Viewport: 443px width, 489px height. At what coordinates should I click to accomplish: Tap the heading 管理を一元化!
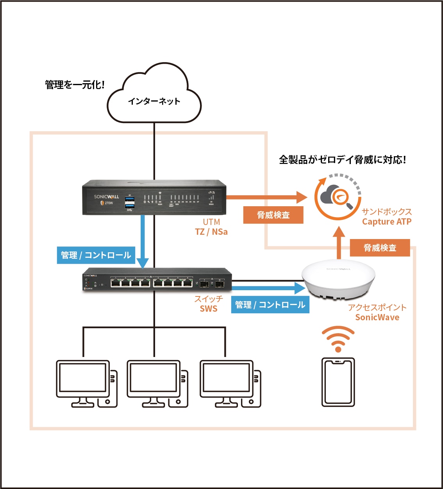tap(75, 85)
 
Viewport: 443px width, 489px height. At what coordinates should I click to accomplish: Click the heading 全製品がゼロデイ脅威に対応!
tap(342, 160)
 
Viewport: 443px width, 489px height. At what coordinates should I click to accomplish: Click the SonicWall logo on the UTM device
tap(106, 196)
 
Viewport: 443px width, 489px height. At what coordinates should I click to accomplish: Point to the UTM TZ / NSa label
tap(211, 227)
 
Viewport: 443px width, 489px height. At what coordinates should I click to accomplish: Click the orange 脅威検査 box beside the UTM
tap(273, 215)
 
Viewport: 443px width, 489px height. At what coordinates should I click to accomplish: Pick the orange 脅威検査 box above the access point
tap(380, 248)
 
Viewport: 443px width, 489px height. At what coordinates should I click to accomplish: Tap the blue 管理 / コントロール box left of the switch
tap(96, 255)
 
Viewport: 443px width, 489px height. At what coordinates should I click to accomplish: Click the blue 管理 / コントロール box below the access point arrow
tap(270, 305)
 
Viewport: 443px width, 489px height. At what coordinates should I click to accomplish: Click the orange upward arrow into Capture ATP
tap(339, 242)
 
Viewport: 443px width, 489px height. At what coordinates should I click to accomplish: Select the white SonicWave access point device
tap(338, 278)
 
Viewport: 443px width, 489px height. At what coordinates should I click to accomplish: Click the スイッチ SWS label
tap(209, 304)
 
